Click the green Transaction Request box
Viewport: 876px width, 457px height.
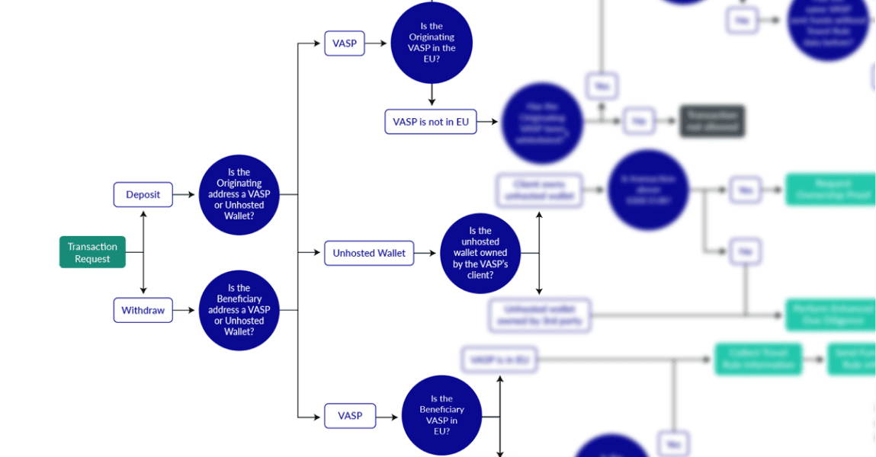[x=92, y=252]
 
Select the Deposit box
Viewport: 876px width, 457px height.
[x=143, y=194]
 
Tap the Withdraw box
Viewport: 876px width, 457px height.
[x=143, y=310]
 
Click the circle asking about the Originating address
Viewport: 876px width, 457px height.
[x=239, y=194]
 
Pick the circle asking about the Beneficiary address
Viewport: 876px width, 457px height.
[x=239, y=310]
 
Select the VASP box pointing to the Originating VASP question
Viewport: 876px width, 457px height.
[x=345, y=43]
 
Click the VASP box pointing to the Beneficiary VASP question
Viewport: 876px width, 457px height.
[x=350, y=416]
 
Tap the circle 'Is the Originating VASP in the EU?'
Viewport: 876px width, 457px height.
[x=432, y=43]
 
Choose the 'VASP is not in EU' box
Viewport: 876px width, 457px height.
[x=431, y=122]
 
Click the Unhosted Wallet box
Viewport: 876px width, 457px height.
[x=369, y=253]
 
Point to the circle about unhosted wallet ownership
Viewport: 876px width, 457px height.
[x=480, y=253]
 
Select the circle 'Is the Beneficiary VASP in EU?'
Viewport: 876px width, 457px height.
[x=441, y=415]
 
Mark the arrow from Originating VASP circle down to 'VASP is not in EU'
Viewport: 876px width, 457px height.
[x=432, y=94]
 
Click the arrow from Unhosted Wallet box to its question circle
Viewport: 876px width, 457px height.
[x=427, y=253]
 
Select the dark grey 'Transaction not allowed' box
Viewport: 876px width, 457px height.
[x=711, y=122]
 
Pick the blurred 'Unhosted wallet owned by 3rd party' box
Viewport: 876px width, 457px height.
[x=540, y=315]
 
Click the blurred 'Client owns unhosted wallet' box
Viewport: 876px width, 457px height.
[x=540, y=190]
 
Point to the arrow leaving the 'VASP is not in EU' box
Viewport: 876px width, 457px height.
[x=488, y=122]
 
